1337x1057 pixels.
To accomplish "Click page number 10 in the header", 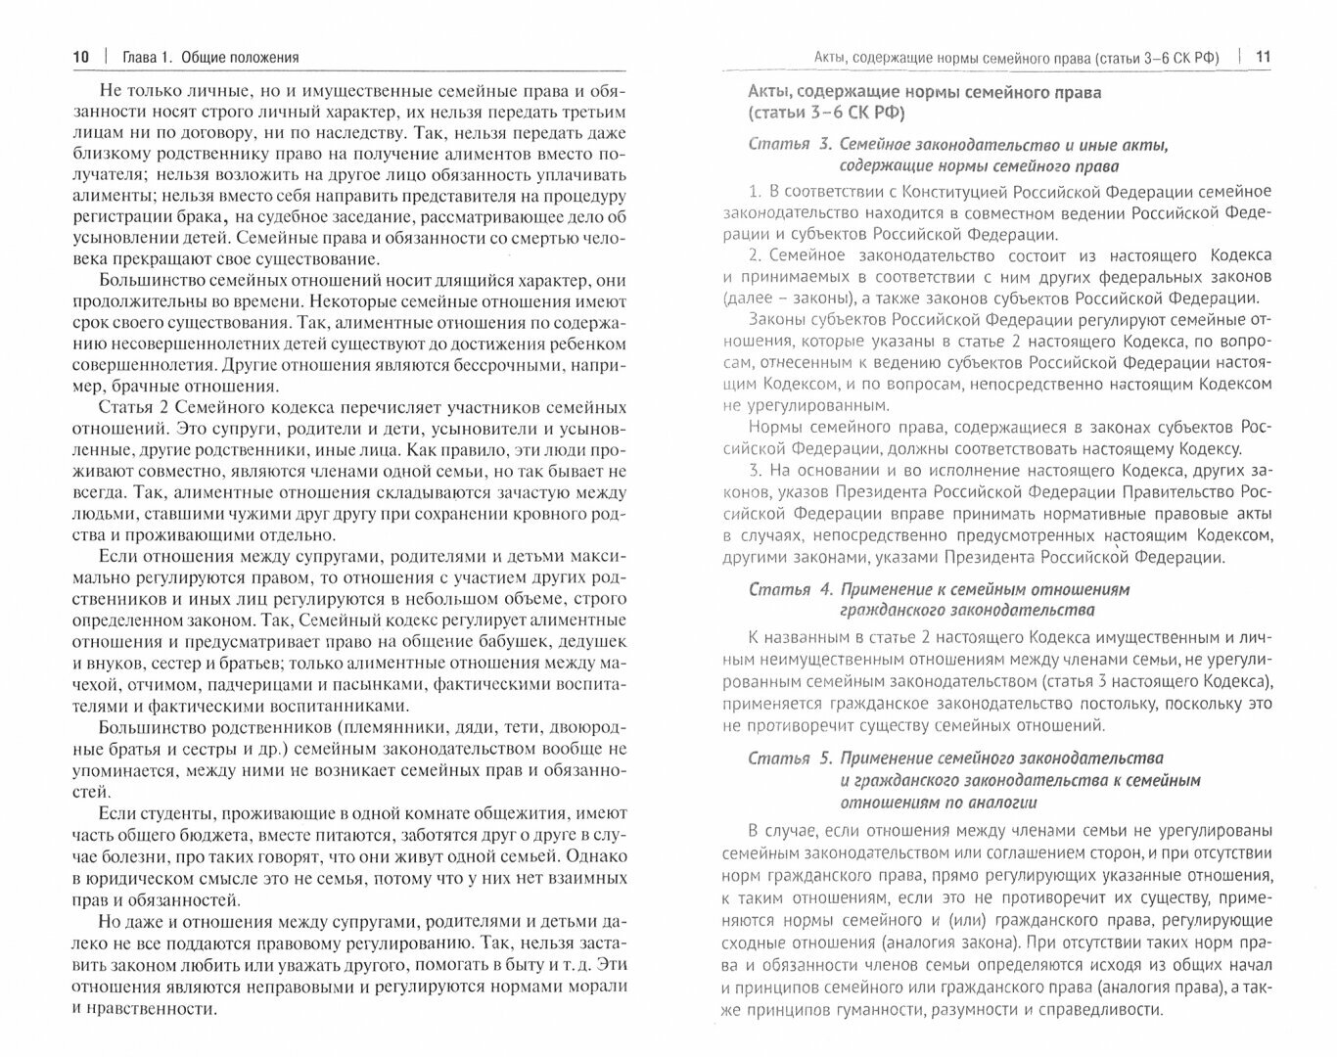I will tap(80, 57).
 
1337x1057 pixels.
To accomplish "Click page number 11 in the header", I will tap(1263, 57).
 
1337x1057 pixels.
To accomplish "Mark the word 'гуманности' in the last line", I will tap(898, 1009).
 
